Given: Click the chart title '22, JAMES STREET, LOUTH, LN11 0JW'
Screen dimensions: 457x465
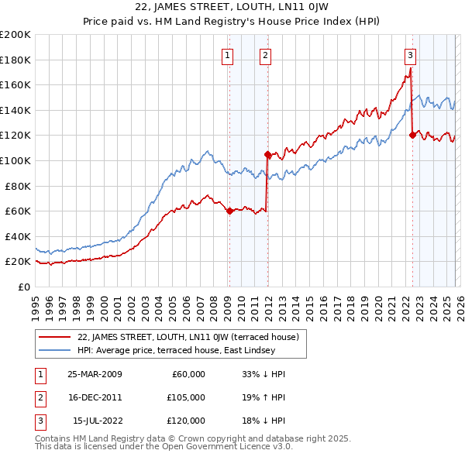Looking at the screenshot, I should pos(232,7).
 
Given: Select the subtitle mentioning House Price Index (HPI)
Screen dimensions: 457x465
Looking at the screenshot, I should pos(232,21).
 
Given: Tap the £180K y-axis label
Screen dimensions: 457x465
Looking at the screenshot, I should pos(15,60).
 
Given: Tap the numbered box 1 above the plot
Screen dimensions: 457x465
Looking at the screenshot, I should pos(228,55).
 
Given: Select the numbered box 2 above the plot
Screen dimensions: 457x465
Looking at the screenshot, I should pos(265,55).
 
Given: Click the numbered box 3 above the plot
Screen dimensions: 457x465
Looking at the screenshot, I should pos(410,55).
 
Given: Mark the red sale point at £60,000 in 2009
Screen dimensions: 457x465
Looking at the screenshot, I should pos(229,211).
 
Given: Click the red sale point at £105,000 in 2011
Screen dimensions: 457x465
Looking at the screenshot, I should pos(267,154).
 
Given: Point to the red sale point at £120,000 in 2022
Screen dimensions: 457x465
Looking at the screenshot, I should pos(412,136).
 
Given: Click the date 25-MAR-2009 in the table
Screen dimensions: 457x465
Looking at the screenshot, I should pos(95,374).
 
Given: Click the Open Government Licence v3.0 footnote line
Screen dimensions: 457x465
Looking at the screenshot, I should pos(164,447).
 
